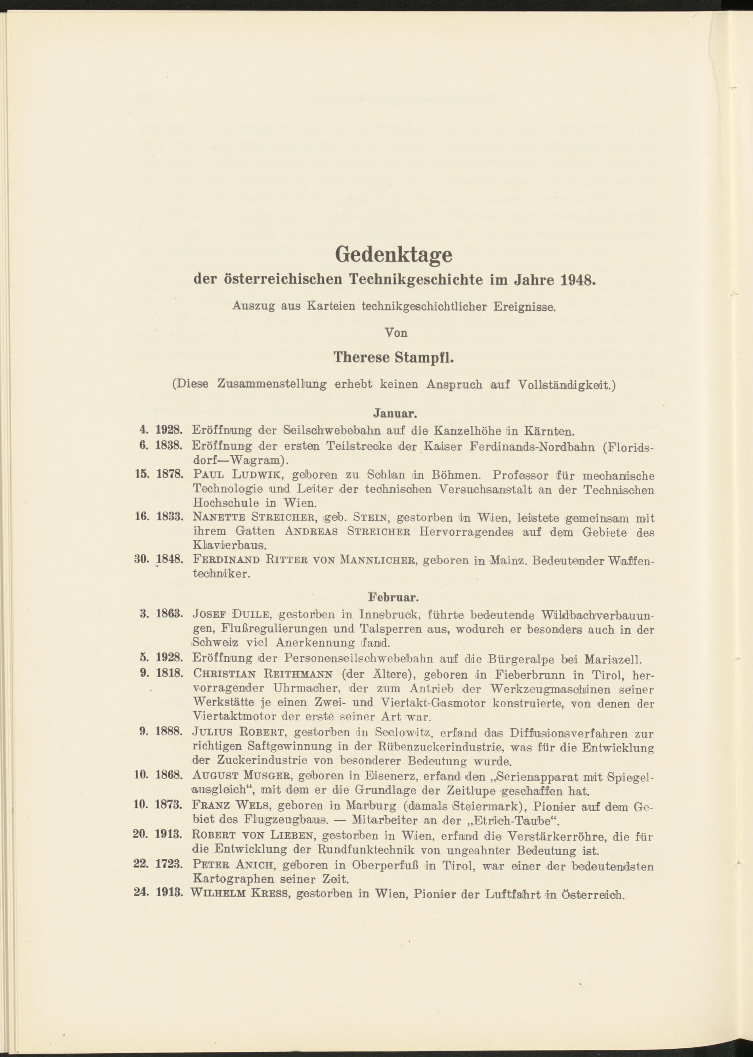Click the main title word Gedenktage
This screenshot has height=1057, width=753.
point(393,254)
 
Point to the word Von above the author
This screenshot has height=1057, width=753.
point(396,332)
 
